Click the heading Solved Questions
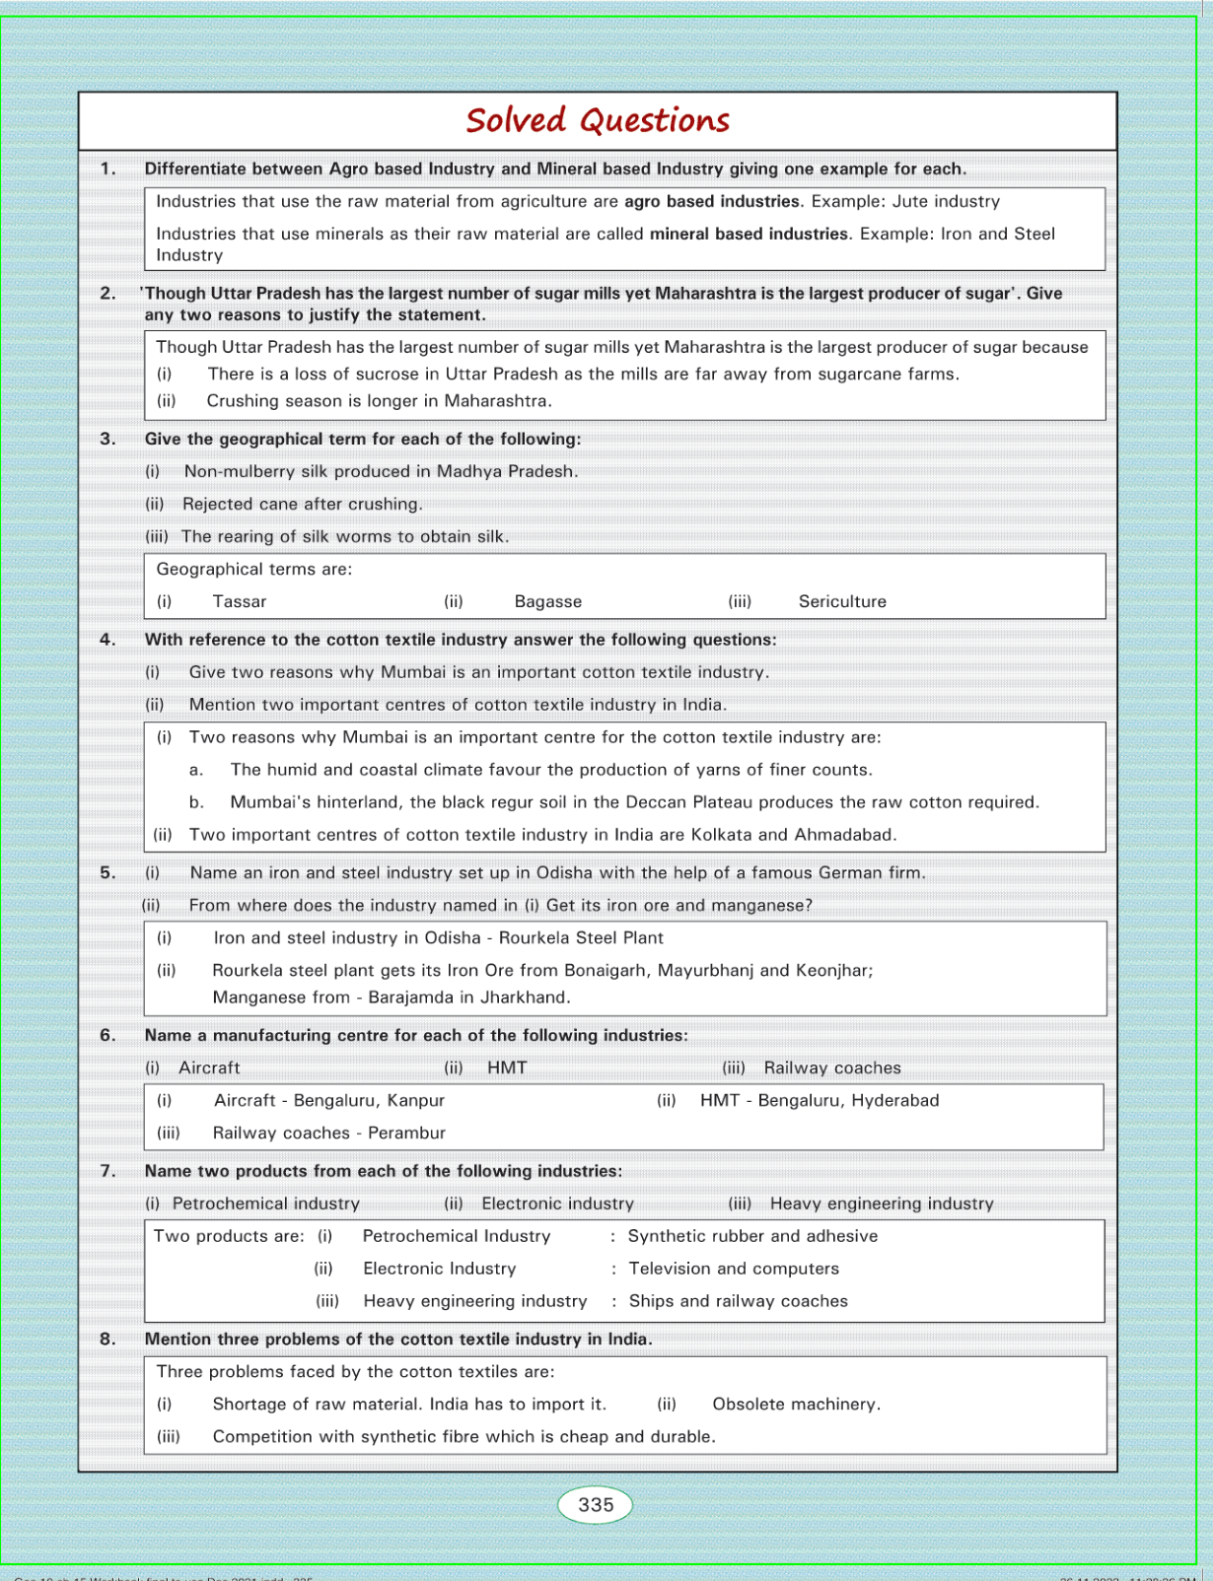[598, 121]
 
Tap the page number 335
[596, 1505]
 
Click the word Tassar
[240, 601]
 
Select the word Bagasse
[548, 601]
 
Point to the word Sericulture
[842, 601]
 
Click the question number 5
[107, 872]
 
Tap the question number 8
[107, 1339]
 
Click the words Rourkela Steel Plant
[581, 937]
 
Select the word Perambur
[406, 1133]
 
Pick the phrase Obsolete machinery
[797, 1404]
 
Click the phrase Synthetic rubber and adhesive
[752, 1236]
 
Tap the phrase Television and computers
[734, 1269]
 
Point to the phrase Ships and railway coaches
[739, 1301]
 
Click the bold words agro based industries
[712, 201]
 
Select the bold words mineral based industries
[749, 234]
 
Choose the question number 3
[107, 439]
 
